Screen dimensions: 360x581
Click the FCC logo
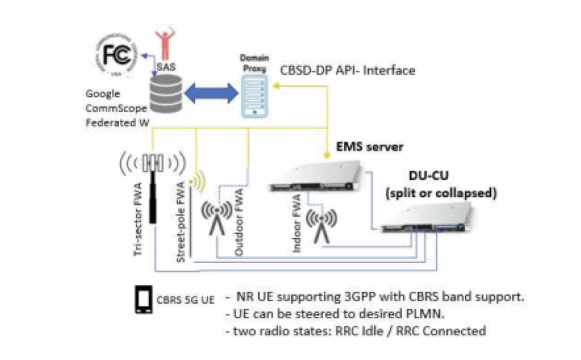pos(119,56)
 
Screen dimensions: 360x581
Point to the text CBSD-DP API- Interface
pos(348,71)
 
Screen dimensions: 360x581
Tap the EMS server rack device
pos(315,176)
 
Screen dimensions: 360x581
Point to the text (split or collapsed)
pos(441,192)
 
